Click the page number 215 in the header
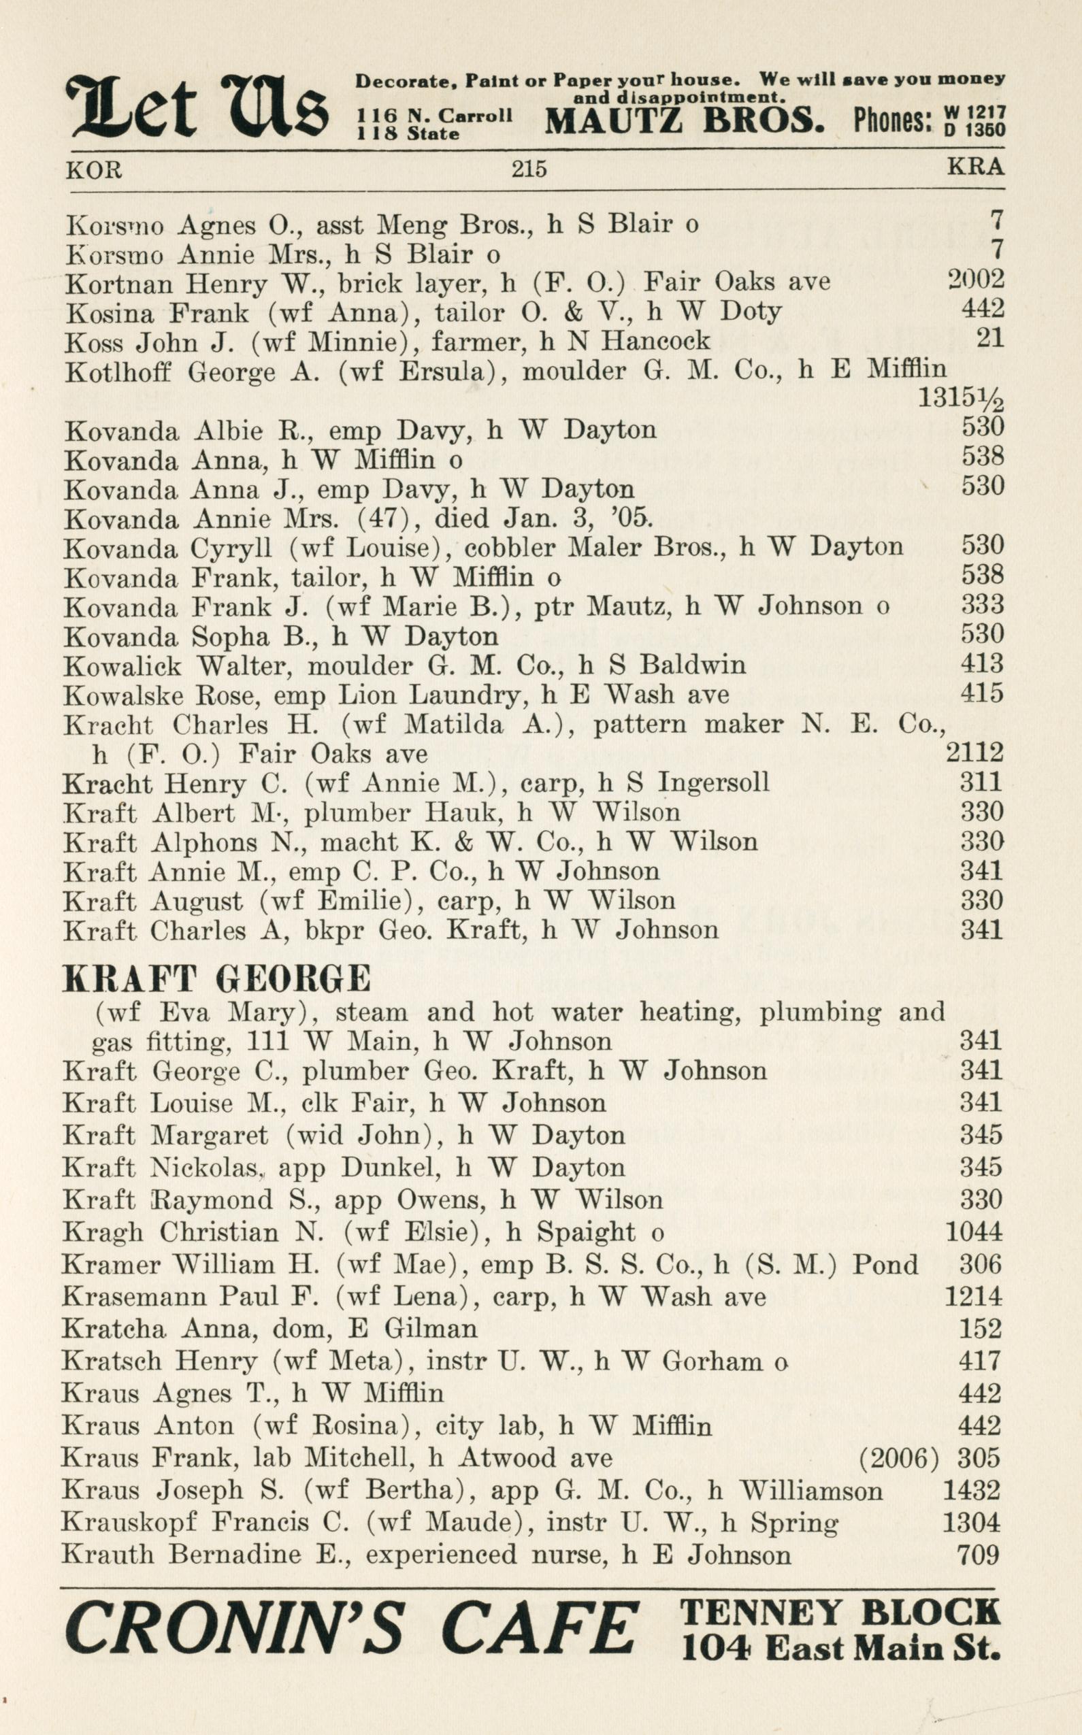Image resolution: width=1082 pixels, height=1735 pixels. (x=529, y=169)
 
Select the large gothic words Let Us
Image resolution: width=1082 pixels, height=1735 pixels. (x=196, y=108)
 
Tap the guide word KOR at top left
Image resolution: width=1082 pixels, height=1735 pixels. (x=94, y=169)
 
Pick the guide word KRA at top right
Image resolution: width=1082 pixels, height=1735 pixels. (x=975, y=167)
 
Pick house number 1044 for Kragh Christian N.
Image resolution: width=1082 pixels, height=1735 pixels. (x=974, y=1232)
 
